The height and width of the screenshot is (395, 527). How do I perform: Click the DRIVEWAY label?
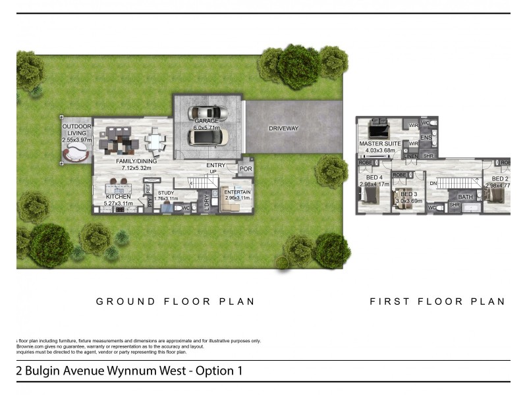(284, 128)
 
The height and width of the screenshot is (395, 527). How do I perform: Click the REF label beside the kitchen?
(148, 189)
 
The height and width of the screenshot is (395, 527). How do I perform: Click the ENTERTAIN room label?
(237, 192)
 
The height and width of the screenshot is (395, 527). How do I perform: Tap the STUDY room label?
(165, 193)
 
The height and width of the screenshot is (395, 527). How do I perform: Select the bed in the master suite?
(379, 126)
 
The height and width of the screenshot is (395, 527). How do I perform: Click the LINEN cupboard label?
(412, 156)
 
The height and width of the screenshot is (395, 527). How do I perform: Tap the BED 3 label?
(408, 195)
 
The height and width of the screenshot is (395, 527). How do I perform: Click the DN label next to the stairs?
(433, 183)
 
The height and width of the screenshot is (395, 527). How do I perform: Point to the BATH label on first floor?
(466, 197)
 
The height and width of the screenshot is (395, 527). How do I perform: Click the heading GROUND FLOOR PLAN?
(175, 302)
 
